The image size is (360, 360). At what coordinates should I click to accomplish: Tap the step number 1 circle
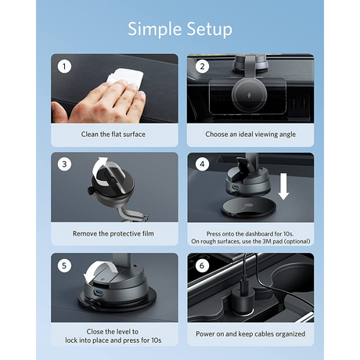click(x=64, y=67)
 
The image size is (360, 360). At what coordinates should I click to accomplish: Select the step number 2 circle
click(x=202, y=67)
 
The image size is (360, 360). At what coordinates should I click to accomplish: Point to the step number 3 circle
click(x=64, y=164)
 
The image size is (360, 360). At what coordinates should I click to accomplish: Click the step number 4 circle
click(x=202, y=164)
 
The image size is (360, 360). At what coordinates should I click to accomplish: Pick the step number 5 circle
click(x=64, y=265)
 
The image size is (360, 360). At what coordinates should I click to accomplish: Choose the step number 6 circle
click(x=202, y=265)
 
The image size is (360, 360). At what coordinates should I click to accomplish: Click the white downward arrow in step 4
click(x=283, y=186)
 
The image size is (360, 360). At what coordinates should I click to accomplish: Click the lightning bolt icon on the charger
click(x=248, y=95)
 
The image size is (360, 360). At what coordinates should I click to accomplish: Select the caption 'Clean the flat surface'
click(x=113, y=135)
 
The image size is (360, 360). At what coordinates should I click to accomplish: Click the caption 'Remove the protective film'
click(x=113, y=233)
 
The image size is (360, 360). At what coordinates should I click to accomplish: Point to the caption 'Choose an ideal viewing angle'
click(x=250, y=135)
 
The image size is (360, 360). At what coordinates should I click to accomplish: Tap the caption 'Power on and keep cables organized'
click(x=250, y=334)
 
